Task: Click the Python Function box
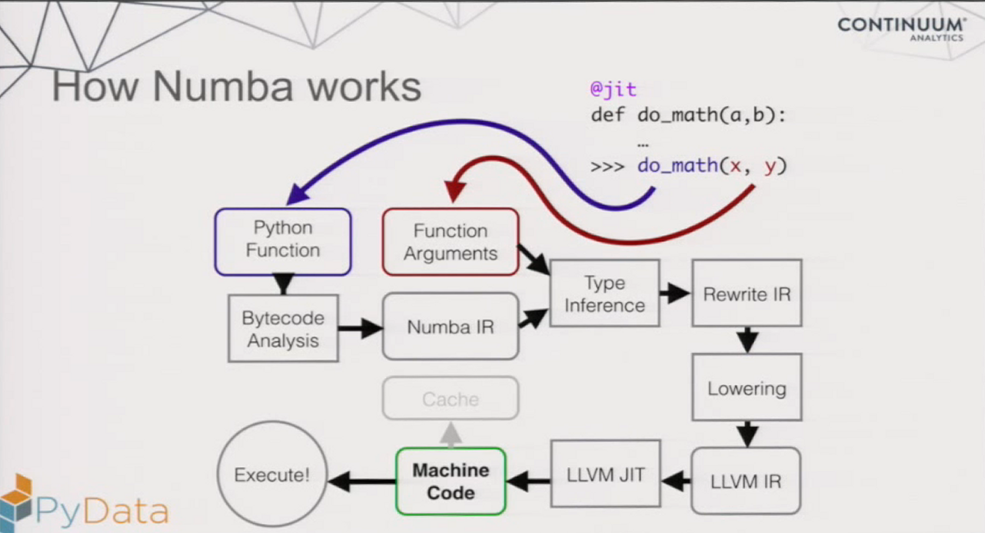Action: (283, 240)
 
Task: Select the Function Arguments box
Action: (451, 242)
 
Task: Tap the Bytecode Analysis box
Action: (283, 329)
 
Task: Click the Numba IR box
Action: (451, 326)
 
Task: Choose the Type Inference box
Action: (604, 293)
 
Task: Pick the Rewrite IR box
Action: (747, 293)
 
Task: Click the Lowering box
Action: (747, 387)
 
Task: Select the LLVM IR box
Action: (746, 482)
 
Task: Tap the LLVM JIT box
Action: (606, 475)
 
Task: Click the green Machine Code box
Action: (451, 482)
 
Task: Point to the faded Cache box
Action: (451, 399)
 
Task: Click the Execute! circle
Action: (272, 475)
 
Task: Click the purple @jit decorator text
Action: (613, 89)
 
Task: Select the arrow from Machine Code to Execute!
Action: (361, 482)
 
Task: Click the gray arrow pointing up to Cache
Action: (451, 434)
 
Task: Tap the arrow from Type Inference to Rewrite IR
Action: (674, 293)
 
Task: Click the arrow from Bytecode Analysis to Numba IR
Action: (360, 329)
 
